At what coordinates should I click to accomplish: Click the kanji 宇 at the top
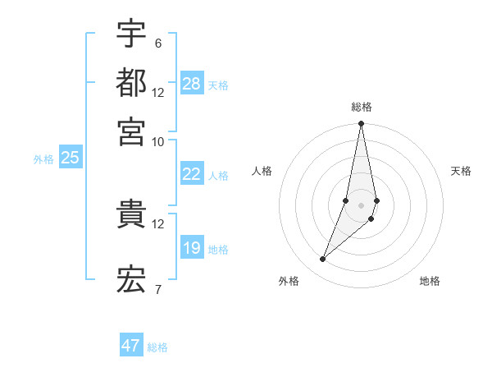pyautogui.click(x=131, y=34)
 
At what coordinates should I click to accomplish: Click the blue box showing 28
pyautogui.click(x=192, y=84)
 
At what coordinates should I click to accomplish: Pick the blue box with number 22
pyautogui.click(x=192, y=174)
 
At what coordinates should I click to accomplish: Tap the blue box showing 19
pyautogui.click(x=192, y=248)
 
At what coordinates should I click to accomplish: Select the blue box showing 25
pyautogui.click(x=70, y=159)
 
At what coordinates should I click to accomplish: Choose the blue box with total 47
pyautogui.click(x=131, y=346)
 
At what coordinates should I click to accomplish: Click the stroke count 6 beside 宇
pyautogui.click(x=157, y=44)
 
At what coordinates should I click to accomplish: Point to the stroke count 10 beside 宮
pyautogui.click(x=157, y=141)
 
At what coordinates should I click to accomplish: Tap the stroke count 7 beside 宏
pyautogui.click(x=157, y=288)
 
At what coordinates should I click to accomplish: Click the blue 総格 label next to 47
pyautogui.click(x=157, y=347)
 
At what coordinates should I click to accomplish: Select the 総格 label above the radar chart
pyautogui.click(x=362, y=107)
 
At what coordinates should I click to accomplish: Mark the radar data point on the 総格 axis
pyautogui.click(x=361, y=124)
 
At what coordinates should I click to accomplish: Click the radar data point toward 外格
pyautogui.click(x=323, y=260)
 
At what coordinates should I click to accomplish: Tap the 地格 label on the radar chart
pyautogui.click(x=430, y=281)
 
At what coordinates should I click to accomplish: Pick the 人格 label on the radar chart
pyautogui.click(x=262, y=171)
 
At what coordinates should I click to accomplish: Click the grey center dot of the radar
pyautogui.click(x=361, y=205)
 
